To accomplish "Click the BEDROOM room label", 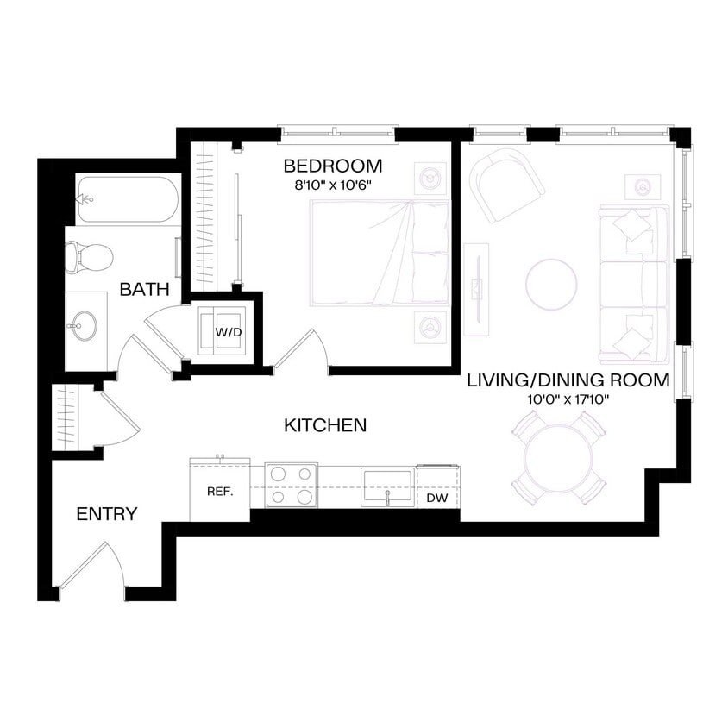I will [332, 166].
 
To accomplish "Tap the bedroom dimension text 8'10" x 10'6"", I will [332, 184].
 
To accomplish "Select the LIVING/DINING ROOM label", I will [568, 380].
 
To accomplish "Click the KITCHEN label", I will [325, 425].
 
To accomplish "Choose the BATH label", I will [144, 290].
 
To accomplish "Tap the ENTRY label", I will [106, 515].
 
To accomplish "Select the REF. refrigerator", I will [219, 492].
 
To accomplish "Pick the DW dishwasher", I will [438, 498].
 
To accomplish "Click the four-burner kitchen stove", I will [291, 486].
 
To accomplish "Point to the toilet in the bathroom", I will [89, 255].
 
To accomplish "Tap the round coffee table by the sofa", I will [552, 285].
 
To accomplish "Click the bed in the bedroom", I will [380, 253].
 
